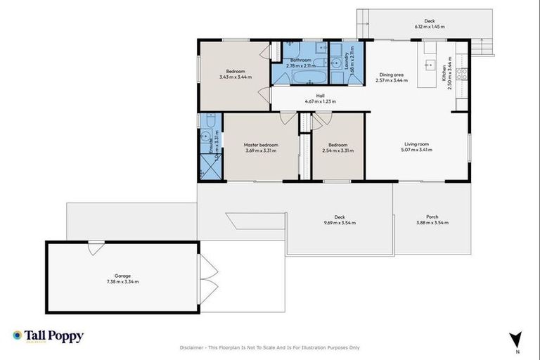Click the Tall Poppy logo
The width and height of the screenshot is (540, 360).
click(x=48, y=336)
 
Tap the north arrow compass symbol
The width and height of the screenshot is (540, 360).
click(x=517, y=338)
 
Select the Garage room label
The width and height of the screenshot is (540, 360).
click(x=123, y=276)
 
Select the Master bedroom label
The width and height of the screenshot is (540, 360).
click(x=261, y=145)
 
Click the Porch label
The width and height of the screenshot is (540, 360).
click(x=432, y=217)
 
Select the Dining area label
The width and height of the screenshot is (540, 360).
click(x=392, y=75)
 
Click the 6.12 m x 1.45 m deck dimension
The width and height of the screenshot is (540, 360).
click(x=429, y=27)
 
